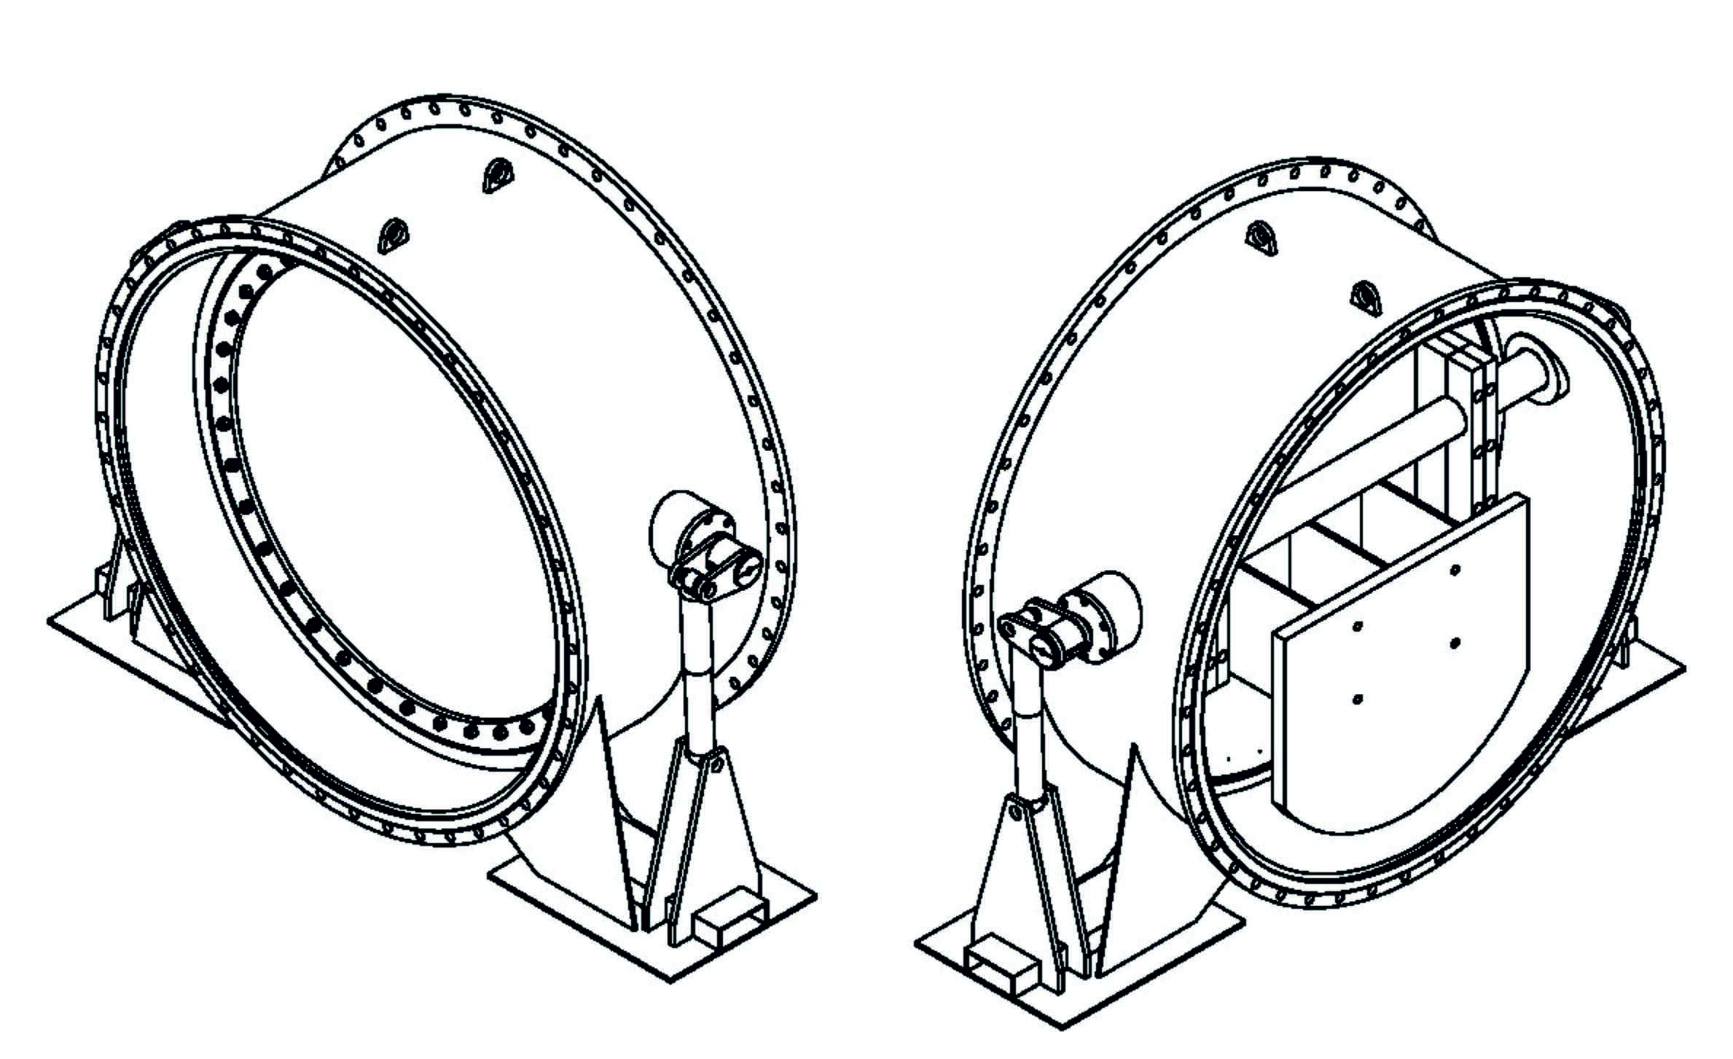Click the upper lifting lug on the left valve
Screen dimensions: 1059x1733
point(498,176)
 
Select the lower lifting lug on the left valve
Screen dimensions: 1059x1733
point(393,235)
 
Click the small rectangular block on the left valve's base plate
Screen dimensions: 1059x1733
point(731,921)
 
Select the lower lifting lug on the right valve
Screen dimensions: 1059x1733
point(1366,299)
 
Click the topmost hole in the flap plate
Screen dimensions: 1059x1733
point(1455,570)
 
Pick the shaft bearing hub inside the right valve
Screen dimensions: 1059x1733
point(1538,375)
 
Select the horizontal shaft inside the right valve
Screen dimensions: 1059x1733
point(1370,452)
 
